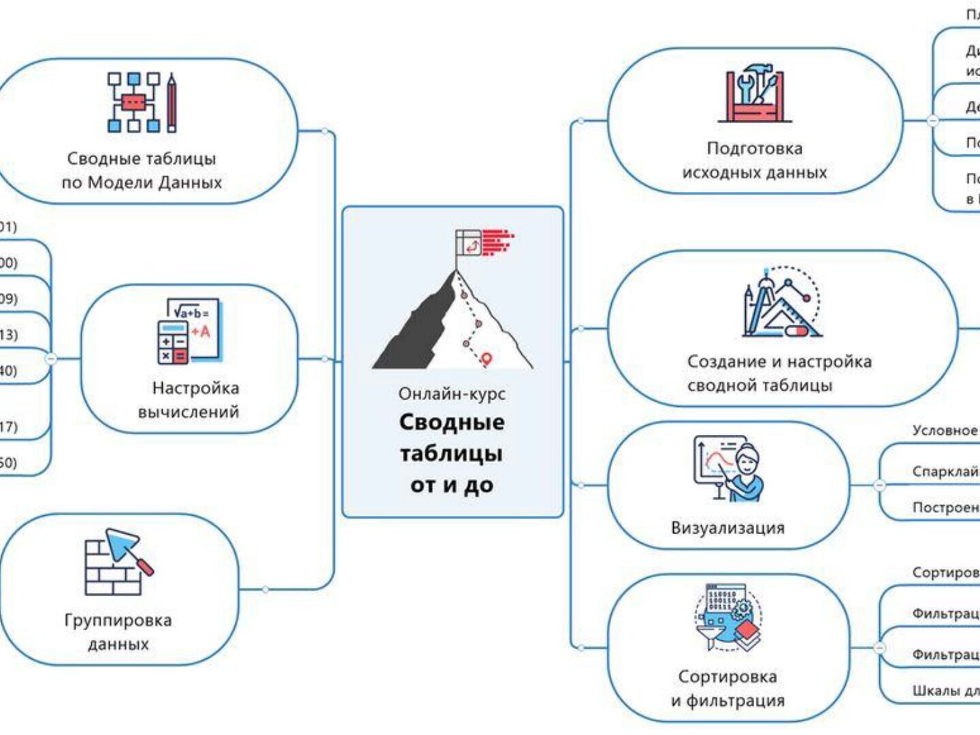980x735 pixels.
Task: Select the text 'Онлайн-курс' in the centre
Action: [452, 394]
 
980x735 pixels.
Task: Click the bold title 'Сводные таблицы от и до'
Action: [452, 453]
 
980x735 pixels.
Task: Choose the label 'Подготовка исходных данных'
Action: [755, 161]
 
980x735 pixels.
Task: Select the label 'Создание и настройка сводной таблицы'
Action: [779, 373]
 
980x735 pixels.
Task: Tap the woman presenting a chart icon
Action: [729, 469]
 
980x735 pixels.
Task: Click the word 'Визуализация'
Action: [728, 527]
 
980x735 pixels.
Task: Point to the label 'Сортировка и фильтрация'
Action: [728, 688]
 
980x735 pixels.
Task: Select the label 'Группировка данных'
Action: [118, 632]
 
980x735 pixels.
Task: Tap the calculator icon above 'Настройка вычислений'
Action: [188, 331]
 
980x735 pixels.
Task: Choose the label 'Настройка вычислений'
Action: [190, 399]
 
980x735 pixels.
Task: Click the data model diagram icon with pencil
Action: [142, 103]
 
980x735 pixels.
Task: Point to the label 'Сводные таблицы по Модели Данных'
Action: [142, 170]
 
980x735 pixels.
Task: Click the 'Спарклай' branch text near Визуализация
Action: [945, 472]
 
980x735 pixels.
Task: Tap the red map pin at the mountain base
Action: [486, 358]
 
